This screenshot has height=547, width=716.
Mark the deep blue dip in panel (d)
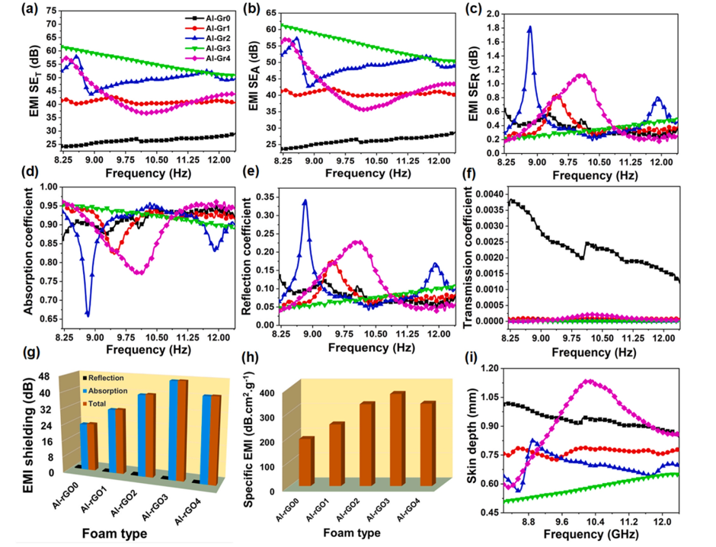coord(88,313)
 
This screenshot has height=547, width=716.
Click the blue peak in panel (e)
coord(305,201)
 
